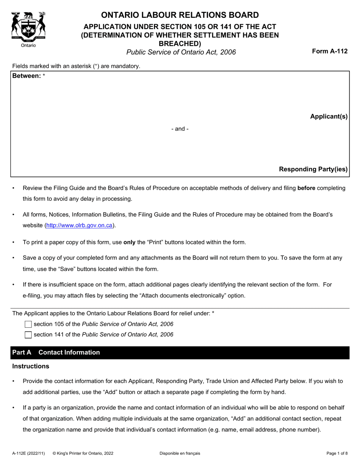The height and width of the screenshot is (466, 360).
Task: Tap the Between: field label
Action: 27,76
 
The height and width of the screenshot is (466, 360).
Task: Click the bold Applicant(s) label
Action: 329,116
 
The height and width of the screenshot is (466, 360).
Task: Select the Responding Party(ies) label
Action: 313,169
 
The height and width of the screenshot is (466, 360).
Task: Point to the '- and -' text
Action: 180,129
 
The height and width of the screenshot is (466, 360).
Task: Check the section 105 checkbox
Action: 28,324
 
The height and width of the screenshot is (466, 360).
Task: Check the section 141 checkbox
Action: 28,335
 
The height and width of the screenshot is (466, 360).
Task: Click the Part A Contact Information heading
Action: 56,352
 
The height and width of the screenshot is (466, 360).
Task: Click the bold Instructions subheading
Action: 31,366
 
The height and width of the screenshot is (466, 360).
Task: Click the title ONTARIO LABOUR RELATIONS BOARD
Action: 180,15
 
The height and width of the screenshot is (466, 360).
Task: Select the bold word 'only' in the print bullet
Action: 130,242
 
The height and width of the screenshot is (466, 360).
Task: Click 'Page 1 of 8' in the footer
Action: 337,453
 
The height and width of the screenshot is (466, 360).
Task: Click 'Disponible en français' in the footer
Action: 180,453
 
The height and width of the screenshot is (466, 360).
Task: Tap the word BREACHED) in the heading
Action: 180,44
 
